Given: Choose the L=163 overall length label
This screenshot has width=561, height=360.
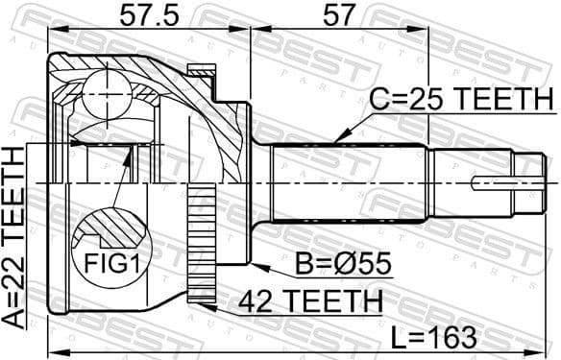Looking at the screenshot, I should (x=428, y=337).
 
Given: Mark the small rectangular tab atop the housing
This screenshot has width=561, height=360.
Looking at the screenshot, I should (x=201, y=69).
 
